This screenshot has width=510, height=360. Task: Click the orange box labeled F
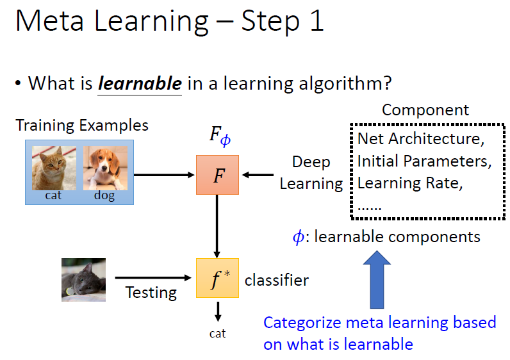[x=217, y=174]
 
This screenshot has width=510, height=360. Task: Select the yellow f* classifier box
[x=217, y=279]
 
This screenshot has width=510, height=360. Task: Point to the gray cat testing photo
[x=84, y=279]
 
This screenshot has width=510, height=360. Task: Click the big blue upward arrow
[x=377, y=281]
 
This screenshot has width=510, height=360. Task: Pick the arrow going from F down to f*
[x=217, y=226]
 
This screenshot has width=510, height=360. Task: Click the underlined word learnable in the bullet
[x=140, y=83]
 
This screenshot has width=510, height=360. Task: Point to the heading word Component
[x=425, y=110]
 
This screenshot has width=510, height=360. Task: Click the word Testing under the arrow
[x=151, y=293]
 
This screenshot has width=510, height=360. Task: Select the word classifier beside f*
[x=277, y=280]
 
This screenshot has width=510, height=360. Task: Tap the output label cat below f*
[x=218, y=334]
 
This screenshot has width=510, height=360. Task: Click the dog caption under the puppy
[x=105, y=196]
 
